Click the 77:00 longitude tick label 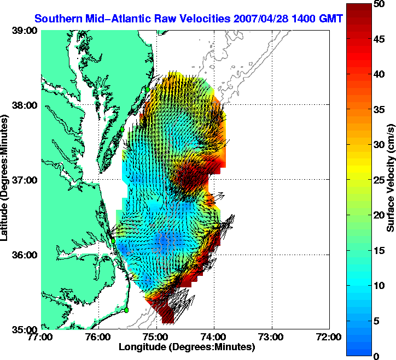(42, 337)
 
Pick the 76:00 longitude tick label (99, 337)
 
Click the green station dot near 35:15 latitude (126, 310)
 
